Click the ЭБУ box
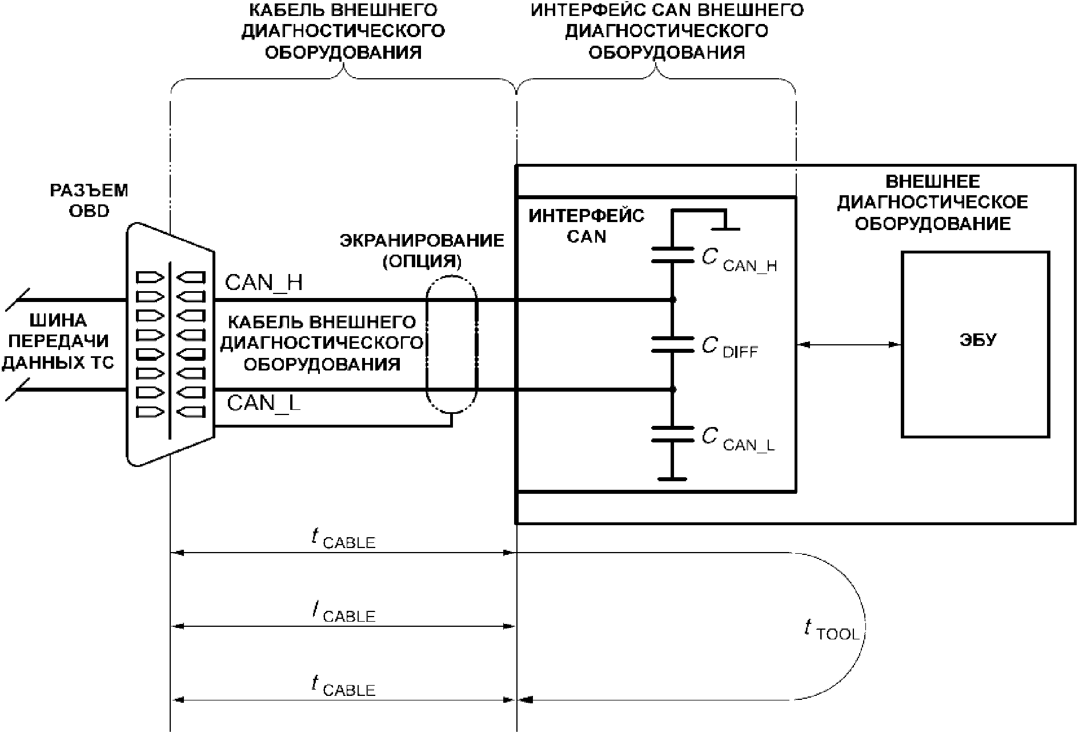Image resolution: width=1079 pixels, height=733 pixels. coord(975,344)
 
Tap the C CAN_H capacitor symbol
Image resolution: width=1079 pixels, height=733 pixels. coord(673,255)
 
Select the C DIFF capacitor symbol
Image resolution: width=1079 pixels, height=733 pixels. coord(673,344)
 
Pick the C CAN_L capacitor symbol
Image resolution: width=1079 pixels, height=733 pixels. coord(673,434)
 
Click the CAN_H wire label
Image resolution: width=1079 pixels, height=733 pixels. coord(264,283)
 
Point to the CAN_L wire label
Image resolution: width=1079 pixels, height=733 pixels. coord(263,404)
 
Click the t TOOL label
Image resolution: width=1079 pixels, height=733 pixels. coord(832,630)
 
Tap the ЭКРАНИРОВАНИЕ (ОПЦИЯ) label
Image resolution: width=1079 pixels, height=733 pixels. coord(422,251)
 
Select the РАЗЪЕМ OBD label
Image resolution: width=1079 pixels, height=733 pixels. coord(89,200)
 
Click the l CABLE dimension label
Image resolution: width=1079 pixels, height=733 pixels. coord(343,613)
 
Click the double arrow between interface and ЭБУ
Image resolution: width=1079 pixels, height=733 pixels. coord(849,344)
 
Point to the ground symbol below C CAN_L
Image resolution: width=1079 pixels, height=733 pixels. coord(673,478)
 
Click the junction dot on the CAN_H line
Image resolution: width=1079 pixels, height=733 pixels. coord(673,300)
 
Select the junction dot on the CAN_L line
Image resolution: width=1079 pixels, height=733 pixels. coord(673,390)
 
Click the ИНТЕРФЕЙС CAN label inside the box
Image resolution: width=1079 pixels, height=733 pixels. coord(586,226)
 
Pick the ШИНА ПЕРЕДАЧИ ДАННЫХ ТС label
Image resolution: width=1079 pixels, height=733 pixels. coord(58,341)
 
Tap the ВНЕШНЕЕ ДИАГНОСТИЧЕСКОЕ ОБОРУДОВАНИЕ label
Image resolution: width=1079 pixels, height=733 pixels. coord(932,203)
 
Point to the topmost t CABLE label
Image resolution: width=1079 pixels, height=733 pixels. coord(343,538)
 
